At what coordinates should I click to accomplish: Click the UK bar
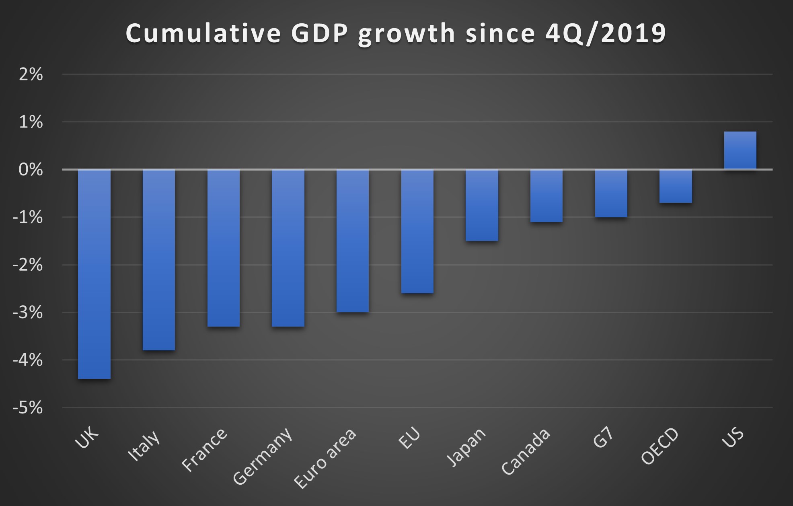point(94,274)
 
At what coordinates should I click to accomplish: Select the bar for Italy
point(159,260)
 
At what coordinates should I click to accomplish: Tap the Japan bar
point(482,205)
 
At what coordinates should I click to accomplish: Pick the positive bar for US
point(740,150)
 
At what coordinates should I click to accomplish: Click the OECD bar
point(676,186)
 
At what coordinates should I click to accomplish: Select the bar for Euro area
point(353,241)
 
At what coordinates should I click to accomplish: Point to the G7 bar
point(611,193)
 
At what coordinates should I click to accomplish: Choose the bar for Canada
point(546,196)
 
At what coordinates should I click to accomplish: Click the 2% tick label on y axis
point(31,75)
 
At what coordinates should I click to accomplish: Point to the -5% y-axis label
point(27,408)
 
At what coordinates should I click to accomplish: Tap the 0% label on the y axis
point(31,170)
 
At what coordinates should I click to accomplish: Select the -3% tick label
point(27,313)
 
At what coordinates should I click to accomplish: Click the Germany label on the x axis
point(263,456)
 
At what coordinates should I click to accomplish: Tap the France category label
point(204,449)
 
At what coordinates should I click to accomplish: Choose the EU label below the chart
point(409,438)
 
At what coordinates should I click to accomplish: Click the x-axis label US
point(732,438)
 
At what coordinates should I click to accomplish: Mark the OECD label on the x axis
point(659,446)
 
